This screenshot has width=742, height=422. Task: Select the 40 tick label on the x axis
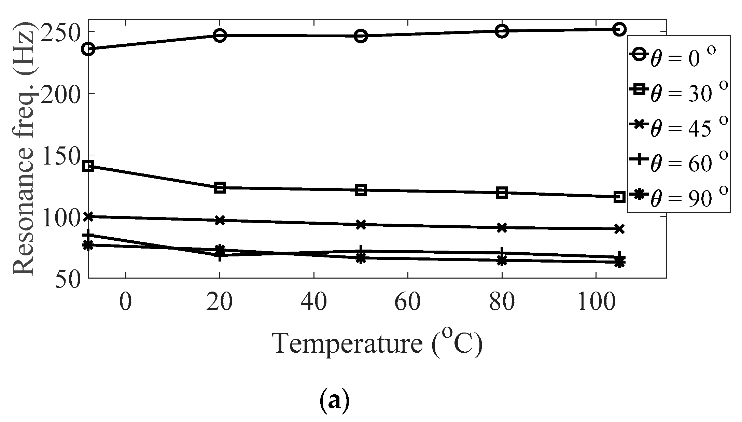[313, 302]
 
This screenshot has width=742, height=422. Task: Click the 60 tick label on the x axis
[407, 302]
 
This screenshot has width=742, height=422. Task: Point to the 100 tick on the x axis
[596, 302]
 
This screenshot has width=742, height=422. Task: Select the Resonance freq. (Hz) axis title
[24, 149]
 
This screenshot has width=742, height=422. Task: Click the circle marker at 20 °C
[220, 36]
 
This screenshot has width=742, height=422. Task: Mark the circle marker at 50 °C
[361, 36]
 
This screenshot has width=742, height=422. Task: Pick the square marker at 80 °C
[502, 193]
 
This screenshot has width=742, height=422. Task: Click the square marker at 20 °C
[220, 188]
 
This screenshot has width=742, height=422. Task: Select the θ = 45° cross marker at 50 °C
[361, 225]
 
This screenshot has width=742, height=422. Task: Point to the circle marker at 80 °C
[502, 31]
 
